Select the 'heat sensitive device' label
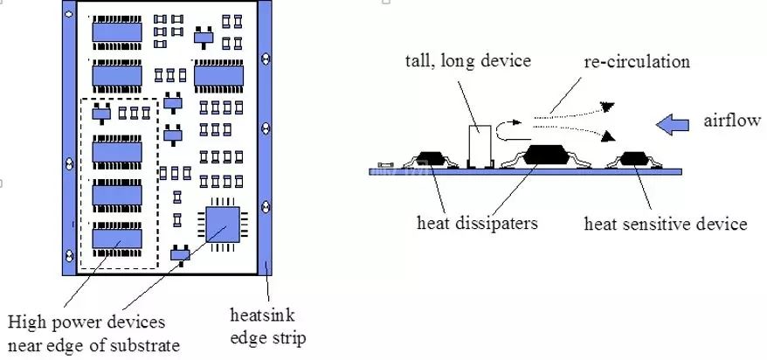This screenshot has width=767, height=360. point(666,224)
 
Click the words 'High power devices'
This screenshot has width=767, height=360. point(85,323)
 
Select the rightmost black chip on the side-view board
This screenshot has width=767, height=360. point(635,159)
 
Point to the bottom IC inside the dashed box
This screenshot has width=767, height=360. point(118,237)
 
